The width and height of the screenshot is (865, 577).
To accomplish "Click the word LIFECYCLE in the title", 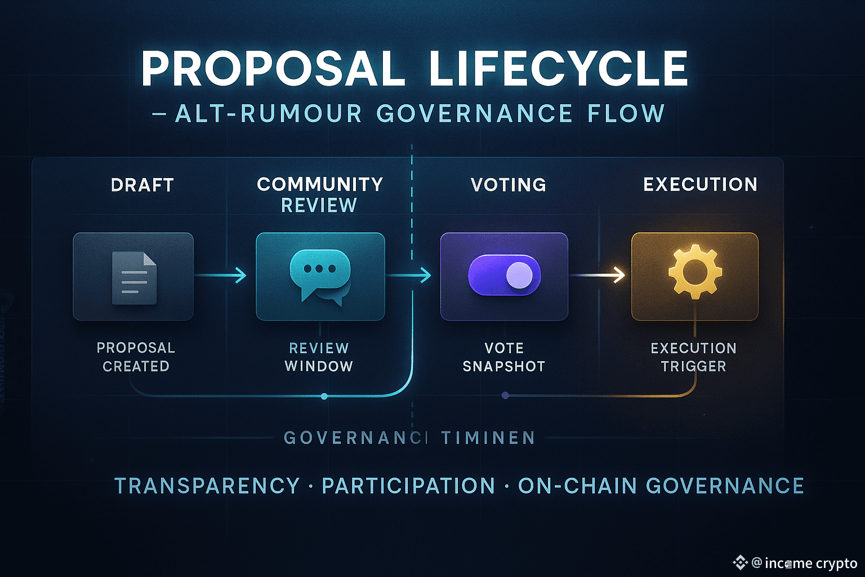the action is (x=558, y=69).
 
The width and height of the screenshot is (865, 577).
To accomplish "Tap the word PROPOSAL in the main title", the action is (x=273, y=69).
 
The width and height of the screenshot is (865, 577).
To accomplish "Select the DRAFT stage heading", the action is (x=142, y=185).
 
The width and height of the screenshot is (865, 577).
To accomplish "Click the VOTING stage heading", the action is (x=509, y=185).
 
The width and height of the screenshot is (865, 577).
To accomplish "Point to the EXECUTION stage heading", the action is (x=700, y=184).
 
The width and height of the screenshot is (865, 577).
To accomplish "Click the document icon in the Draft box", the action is (x=134, y=278).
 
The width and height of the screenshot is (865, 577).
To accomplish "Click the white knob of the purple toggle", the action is (x=519, y=276).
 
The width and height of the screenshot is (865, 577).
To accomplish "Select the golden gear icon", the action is (x=695, y=272).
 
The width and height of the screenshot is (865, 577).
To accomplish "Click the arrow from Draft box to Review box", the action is (x=221, y=276).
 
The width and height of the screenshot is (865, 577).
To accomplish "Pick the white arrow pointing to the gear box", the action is (x=598, y=275).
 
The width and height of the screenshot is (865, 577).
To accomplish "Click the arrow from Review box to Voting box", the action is (x=409, y=276).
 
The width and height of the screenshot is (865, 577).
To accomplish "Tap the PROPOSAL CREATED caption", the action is (x=136, y=357).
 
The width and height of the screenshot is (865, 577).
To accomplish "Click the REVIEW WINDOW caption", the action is (x=319, y=357).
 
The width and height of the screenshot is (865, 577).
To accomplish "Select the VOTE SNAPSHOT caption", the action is (x=504, y=357).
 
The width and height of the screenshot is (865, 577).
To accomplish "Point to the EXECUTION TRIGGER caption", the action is (x=693, y=357).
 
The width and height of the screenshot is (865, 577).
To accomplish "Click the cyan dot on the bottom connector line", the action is (x=324, y=396).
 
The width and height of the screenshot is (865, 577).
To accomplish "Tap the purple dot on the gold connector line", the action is (x=505, y=396).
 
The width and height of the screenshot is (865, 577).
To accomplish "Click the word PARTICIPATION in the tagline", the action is (x=408, y=486).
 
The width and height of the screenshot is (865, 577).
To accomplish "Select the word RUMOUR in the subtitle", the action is (x=301, y=114).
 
